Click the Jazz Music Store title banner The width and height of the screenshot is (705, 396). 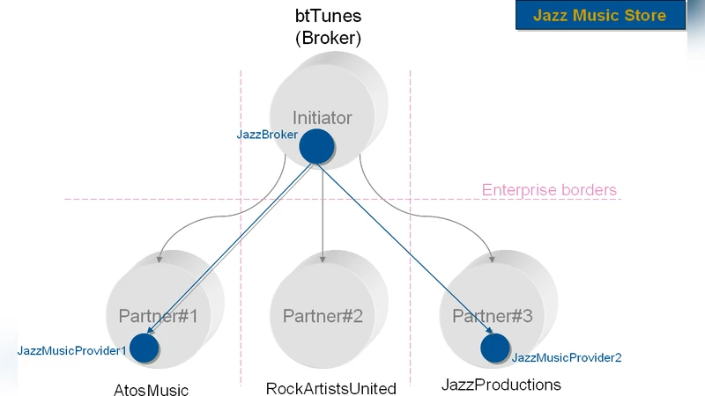click(599, 16)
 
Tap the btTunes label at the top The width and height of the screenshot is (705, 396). click(328, 17)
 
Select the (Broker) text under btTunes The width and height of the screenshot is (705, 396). click(328, 39)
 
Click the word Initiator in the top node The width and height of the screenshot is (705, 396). click(322, 117)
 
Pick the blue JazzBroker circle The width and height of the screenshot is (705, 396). click(315, 145)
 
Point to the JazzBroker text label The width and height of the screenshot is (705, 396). click(266, 135)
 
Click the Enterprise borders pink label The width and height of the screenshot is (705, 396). click(549, 190)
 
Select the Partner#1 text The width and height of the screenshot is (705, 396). click(159, 315)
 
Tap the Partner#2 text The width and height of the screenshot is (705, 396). click(323, 315)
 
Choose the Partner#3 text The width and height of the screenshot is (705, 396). click(493, 315)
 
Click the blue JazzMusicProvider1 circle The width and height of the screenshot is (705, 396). click(144, 348)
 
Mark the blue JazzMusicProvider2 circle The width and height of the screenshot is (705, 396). click(494, 348)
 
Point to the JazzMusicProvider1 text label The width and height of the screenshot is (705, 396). click(72, 350)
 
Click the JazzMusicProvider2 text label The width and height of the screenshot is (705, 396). click(567, 357)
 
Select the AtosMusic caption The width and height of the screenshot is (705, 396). click(152, 390)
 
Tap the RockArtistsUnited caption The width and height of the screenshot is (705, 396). click(331, 388)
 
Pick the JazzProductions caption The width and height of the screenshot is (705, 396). click(501, 385)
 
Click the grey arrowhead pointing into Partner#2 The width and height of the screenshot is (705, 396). click(323, 258)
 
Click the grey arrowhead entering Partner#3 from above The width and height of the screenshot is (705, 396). click(491, 260)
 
